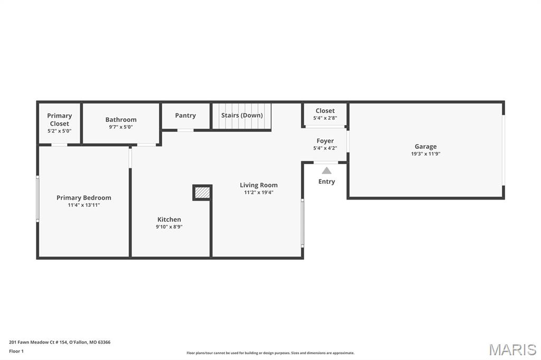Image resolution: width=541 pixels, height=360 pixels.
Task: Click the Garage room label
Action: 425,147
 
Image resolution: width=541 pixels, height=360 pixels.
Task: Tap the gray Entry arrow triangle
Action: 327,170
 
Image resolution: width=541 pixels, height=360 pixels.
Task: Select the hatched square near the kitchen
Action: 202,192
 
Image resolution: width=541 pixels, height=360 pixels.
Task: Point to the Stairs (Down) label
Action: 242,115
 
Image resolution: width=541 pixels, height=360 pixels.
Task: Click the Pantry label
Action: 185,116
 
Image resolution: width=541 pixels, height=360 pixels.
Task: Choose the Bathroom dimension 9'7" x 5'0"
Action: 121,127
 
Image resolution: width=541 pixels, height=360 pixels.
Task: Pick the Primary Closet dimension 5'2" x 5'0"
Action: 59,131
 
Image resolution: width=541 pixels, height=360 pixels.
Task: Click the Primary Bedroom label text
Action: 84,197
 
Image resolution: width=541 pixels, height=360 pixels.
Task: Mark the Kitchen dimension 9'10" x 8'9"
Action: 169,227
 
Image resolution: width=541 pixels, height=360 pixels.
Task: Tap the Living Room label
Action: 258,185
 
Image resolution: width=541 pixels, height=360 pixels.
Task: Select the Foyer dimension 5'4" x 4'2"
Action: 325,148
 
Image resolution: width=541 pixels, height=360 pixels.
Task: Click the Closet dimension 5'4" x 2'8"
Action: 325,118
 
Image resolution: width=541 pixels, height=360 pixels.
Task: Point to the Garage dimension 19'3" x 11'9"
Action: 425,154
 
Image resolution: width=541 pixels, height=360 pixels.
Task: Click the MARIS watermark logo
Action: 512,349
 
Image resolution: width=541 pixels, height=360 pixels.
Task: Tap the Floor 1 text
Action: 16,352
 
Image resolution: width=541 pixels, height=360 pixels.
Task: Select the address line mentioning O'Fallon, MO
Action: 60,343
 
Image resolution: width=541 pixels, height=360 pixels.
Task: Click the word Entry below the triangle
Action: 327,182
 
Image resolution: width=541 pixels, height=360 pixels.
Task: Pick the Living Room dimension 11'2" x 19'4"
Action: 258,193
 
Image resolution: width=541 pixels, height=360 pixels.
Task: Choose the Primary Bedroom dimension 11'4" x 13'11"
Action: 84,205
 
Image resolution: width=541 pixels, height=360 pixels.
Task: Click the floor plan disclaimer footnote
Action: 270,353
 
